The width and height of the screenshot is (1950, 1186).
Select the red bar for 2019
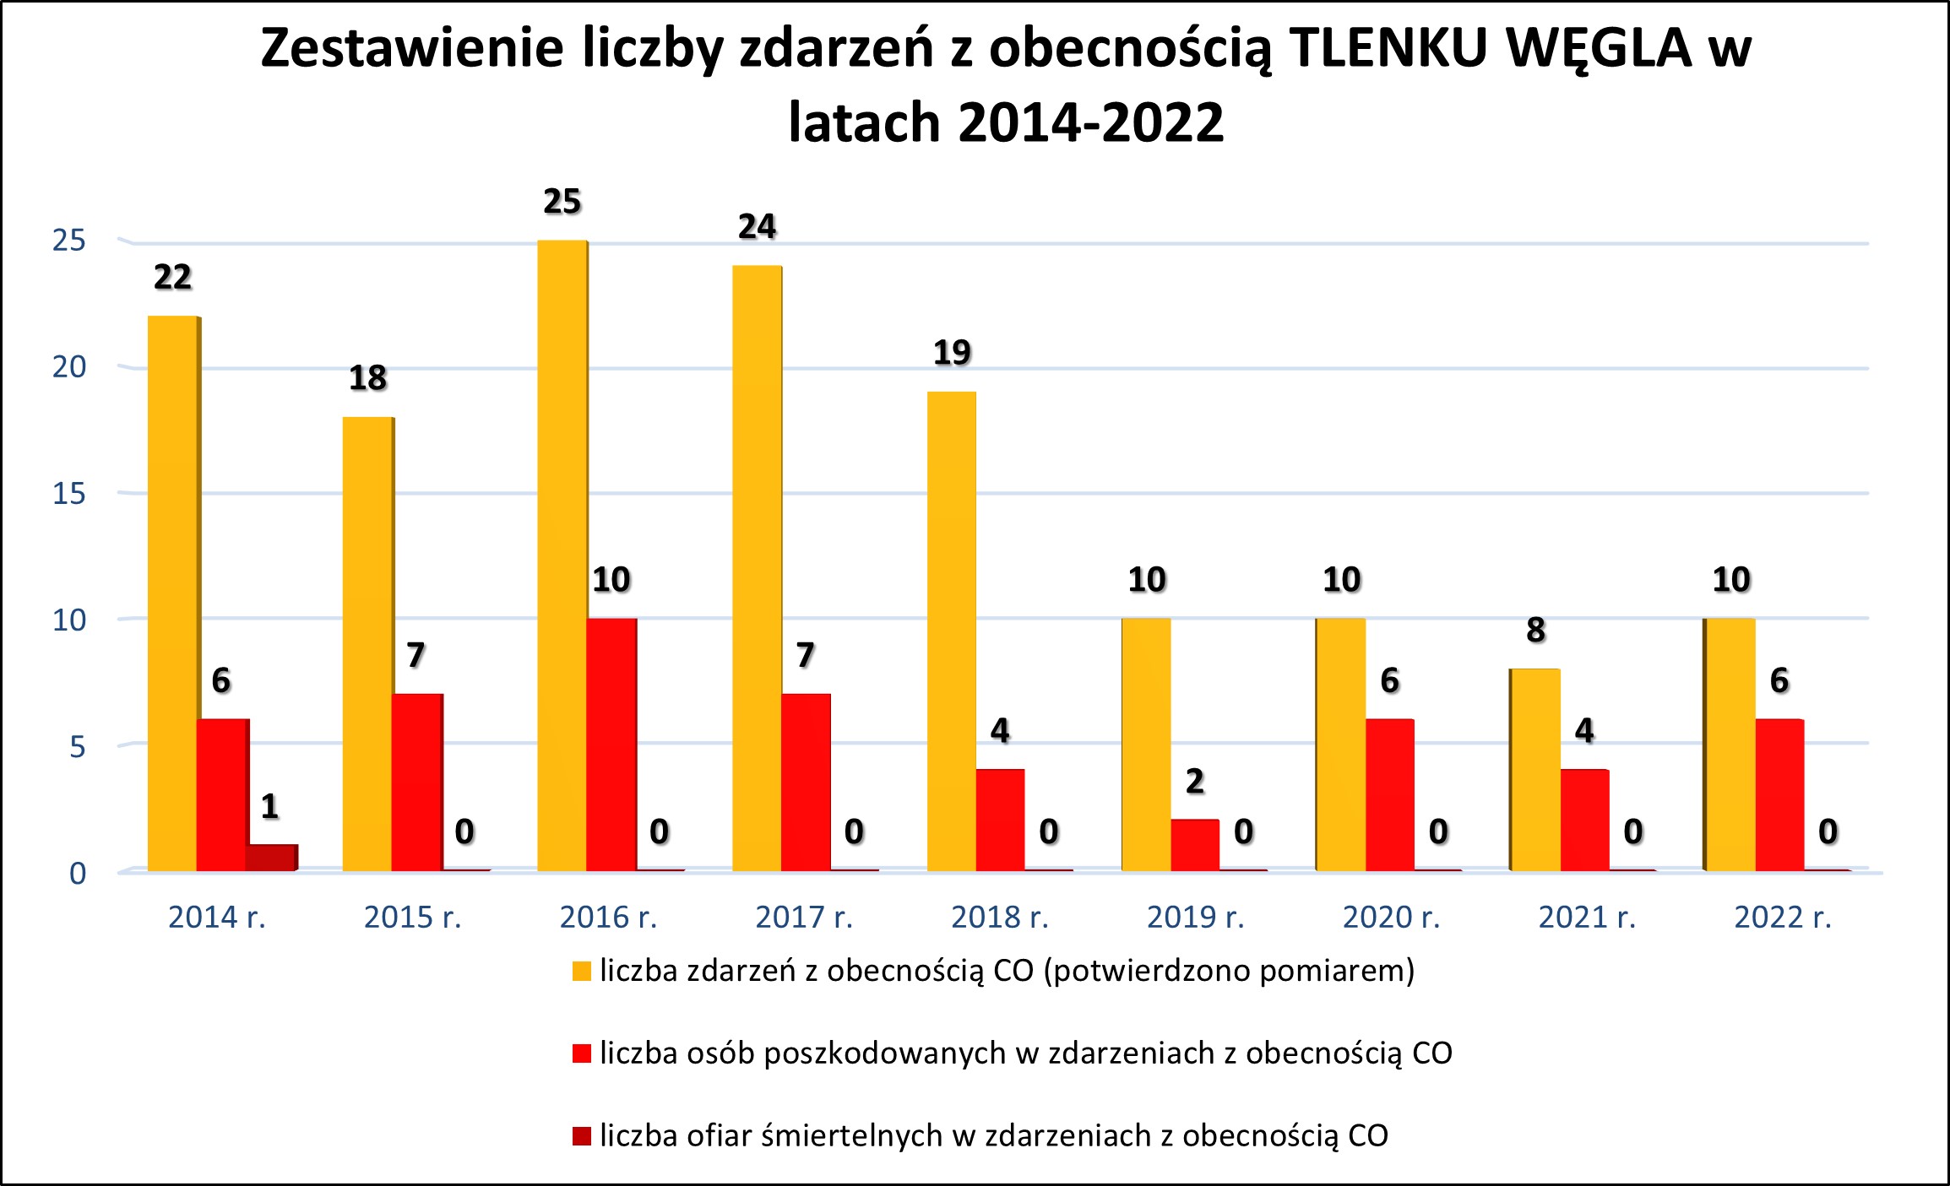[1194, 845]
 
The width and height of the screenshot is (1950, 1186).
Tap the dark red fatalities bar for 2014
[270, 857]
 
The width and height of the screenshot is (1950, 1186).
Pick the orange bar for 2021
[1534, 770]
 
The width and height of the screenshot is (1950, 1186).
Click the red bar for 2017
[806, 783]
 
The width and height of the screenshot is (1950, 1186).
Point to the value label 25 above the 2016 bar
[562, 202]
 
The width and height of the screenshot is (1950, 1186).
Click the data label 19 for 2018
[952, 353]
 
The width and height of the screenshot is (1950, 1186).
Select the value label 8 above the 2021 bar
[1535, 631]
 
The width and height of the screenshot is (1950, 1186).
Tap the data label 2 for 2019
[1194, 782]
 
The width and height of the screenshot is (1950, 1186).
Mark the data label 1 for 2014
[270, 807]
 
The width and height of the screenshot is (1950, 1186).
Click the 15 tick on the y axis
[69, 494]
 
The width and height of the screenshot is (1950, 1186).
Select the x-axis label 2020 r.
[1391, 918]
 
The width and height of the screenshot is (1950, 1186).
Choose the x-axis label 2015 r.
[413, 918]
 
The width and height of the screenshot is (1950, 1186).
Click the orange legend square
[581, 972]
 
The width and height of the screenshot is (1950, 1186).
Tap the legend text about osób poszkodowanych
[1025, 1053]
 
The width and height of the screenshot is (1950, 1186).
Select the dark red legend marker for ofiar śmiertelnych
[581, 1136]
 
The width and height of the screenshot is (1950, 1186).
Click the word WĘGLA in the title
[1599, 48]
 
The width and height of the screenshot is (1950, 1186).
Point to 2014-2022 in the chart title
[1091, 123]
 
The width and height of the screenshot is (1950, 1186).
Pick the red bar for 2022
[1779, 795]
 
